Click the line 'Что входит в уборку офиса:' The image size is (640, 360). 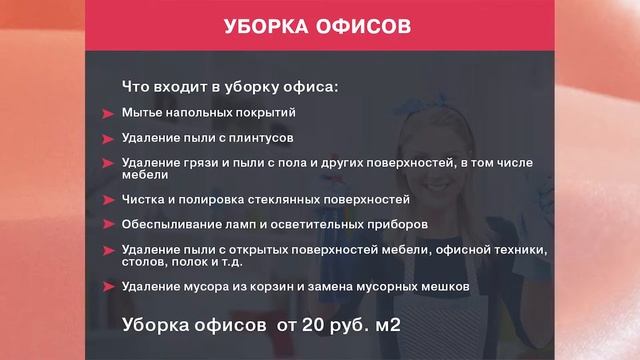click(x=230, y=86)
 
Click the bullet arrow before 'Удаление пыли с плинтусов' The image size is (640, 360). click(x=107, y=138)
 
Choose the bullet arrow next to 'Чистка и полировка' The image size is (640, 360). click(x=107, y=199)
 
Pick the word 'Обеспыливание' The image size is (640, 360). click(x=171, y=224)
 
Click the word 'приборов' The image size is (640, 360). click(x=399, y=224)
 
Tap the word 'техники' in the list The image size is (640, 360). click(x=519, y=249)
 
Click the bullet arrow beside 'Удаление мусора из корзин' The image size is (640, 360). click(x=107, y=287)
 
